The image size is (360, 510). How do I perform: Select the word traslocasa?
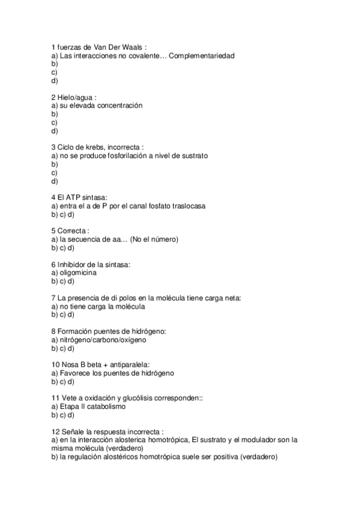[x=188, y=206]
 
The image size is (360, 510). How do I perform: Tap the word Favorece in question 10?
[x=75, y=373]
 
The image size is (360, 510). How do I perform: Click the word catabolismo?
[x=105, y=407]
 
